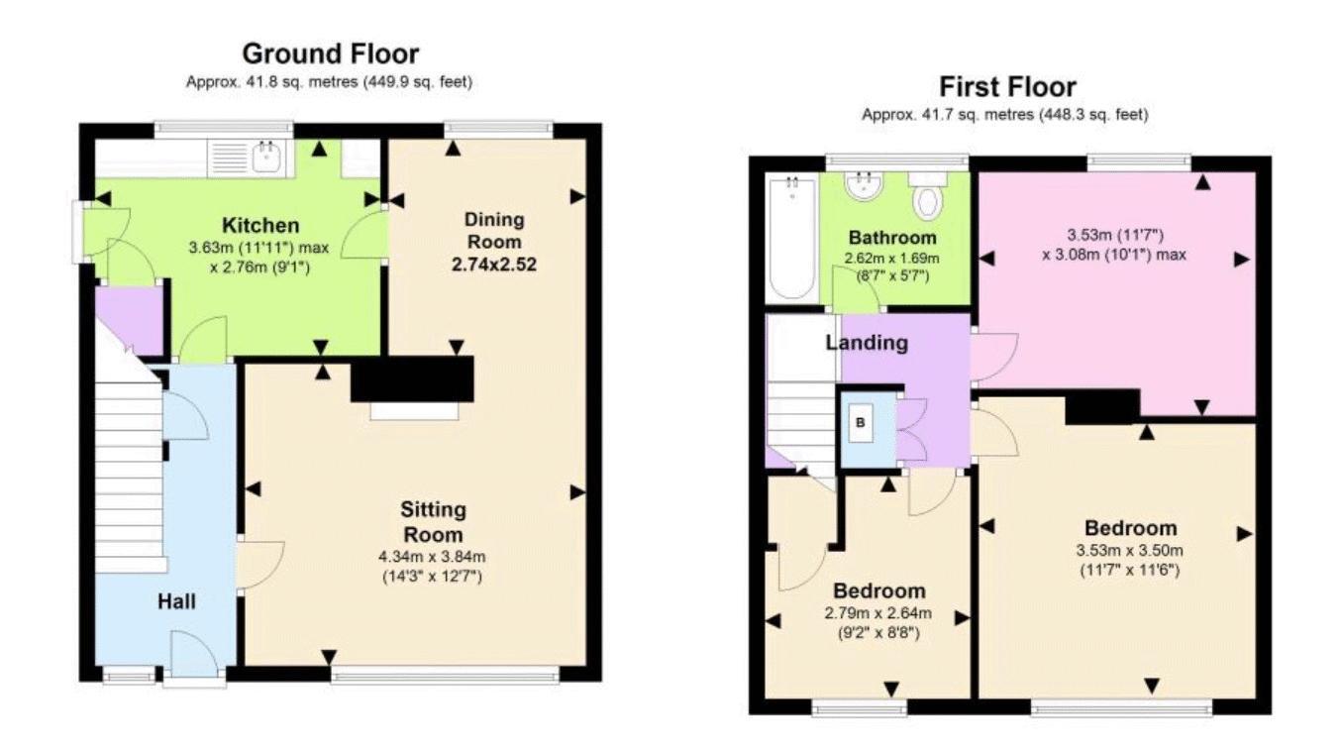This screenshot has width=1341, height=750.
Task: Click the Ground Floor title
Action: point(330,53)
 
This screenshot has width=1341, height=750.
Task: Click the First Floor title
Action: point(1006,86)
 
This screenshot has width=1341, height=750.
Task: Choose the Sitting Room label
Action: point(433,522)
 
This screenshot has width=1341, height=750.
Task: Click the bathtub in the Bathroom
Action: point(789,238)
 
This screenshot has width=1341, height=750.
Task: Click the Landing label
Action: point(868,343)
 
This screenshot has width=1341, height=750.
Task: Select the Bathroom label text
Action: point(891,238)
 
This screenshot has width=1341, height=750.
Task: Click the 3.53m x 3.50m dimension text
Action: point(1129,551)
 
